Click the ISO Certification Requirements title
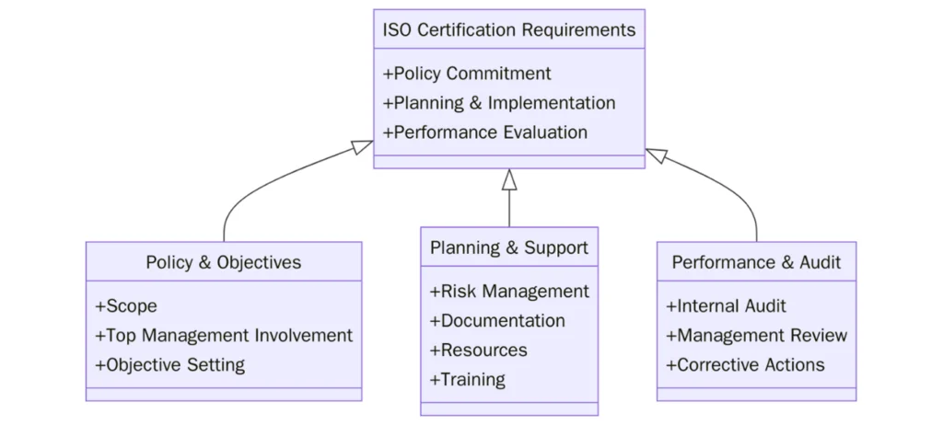508,29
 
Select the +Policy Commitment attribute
467,74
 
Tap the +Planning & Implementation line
499,103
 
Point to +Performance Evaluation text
485,132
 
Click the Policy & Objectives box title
223,262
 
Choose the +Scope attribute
126,306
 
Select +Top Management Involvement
224,336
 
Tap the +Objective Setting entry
169,365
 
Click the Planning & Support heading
508,247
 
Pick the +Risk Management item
509,292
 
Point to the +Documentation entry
497,321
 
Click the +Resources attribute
478,350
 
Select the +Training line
467,380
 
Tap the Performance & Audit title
756,262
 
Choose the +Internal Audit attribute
726,306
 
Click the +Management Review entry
756,336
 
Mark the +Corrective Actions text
745,365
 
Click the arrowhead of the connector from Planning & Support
509,179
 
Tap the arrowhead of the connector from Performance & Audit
656,154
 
